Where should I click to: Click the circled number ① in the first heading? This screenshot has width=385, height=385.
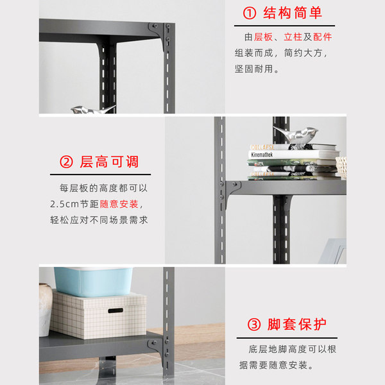(250, 13)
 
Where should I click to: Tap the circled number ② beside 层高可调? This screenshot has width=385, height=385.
(66, 162)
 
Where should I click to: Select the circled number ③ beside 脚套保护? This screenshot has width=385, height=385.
(254, 325)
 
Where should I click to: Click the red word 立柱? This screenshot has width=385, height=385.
(293, 37)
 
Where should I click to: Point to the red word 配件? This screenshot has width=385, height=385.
(322, 37)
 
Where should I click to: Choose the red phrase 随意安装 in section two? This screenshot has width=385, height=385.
(119, 204)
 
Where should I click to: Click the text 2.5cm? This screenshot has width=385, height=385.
(64, 204)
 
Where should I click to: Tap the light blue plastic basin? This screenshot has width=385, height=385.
(93, 282)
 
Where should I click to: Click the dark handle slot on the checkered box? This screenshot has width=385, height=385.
(116, 311)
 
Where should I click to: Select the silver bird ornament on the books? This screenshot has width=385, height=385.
(296, 135)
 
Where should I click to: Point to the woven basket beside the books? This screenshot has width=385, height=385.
(341, 166)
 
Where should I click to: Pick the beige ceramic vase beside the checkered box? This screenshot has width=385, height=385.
(45, 310)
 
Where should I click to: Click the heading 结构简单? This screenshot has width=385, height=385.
(293, 13)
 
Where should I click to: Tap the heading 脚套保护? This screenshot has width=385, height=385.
(297, 325)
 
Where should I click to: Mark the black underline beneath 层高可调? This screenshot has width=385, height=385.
(101, 175)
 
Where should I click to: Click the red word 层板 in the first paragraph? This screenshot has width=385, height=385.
(263, 37)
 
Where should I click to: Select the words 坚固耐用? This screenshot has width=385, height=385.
(253, 69)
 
